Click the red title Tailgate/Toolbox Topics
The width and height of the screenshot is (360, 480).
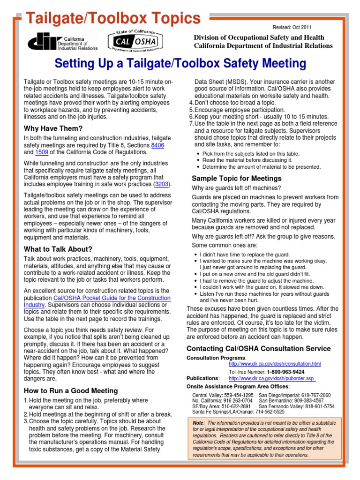click(x=112, y=18)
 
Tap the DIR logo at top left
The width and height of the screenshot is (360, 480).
click(x=63, y=42)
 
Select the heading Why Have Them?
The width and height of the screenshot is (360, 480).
click(x=53, y=128)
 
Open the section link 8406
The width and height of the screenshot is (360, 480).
click(x=157, y=146)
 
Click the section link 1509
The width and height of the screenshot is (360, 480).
click(x=42, y=152)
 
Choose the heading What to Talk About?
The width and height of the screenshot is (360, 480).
click(x=58, y=249)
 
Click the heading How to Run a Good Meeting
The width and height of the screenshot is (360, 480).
click(x=71, y=391)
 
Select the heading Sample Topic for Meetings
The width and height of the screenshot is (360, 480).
click(x=237, y=178)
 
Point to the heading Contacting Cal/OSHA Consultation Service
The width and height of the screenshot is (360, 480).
click(x=258, y=349)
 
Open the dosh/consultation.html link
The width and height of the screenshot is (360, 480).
click(x=274, y=364)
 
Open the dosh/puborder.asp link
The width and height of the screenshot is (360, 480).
click(x=271, y=378)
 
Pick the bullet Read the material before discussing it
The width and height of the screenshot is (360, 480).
click(x=247, y=160)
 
